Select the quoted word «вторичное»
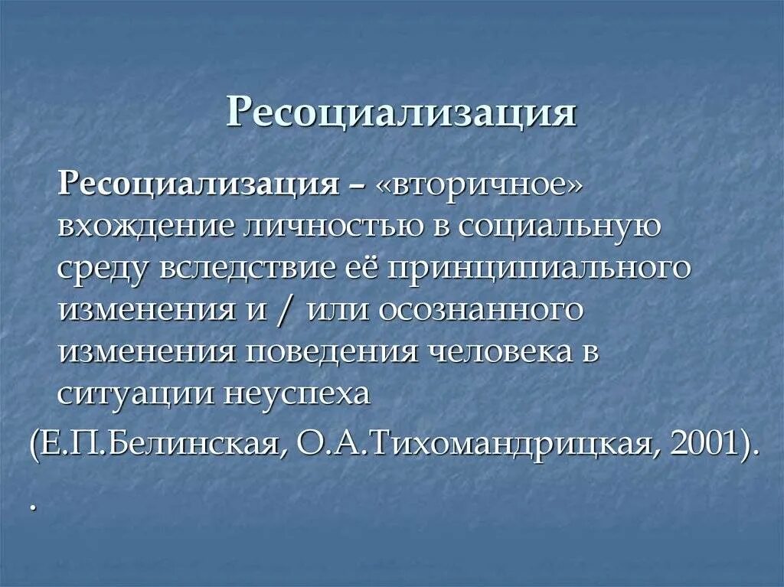[x=479, y=187]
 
